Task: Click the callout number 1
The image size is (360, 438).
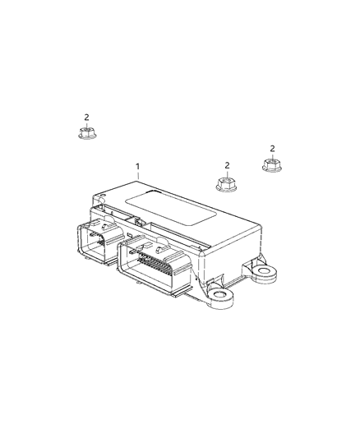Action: click(138, 167)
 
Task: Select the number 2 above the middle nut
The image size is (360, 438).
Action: click(227, 165)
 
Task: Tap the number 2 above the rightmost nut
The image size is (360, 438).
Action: click(271, 149)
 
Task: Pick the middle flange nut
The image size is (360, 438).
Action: click(226, 184)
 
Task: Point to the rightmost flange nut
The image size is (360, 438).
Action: click(271, 166)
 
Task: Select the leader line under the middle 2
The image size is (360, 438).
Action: click(227, 173)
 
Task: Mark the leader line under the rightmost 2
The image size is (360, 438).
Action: click(271, 156)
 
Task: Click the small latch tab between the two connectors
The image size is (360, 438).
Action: click(141, 223)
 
